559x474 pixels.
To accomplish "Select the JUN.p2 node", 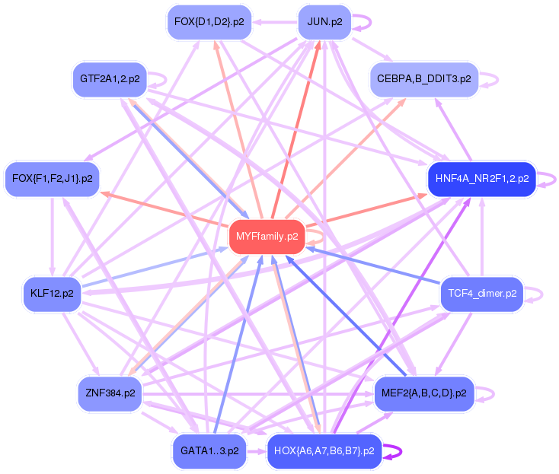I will click(324, 22).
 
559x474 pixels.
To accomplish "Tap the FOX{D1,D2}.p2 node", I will click(209, 22).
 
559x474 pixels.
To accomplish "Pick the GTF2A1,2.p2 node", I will click(110, 78).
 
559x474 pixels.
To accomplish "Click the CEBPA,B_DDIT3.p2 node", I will click(423, 79).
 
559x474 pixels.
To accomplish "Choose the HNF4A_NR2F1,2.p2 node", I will click(482, 179).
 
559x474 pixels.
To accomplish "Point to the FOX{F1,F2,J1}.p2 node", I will click(53, 179).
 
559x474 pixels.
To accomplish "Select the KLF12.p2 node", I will click(52, 294).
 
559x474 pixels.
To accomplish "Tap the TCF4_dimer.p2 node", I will click(482, 294).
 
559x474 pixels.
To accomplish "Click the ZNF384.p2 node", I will click(110, 393).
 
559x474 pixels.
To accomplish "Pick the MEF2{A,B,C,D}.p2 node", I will click(423, 393).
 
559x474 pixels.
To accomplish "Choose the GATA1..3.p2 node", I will click(209, 451).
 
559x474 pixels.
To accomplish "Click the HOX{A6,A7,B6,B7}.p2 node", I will click(324, 451).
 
